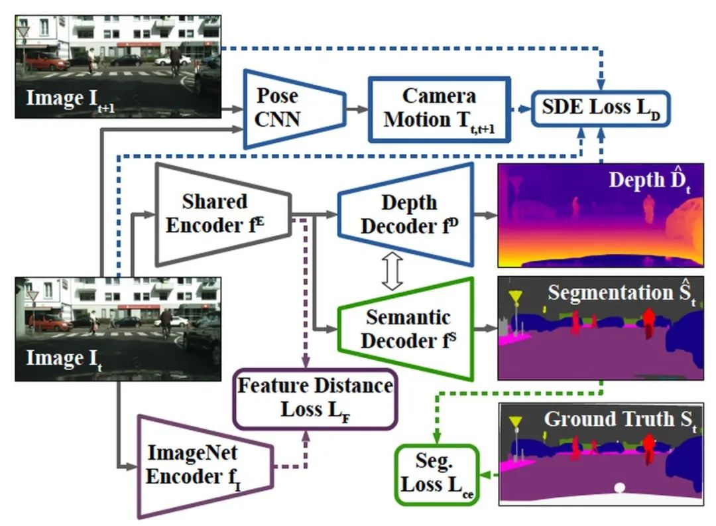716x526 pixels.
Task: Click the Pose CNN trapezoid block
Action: (294, 109)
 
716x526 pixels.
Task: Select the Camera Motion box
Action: (440, 109)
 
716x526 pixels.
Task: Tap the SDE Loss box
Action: (601, 108)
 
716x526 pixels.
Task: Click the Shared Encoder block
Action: (223, 214)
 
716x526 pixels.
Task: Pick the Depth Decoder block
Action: (406, 214)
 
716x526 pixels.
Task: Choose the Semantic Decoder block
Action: (406, 328)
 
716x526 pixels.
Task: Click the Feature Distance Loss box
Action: (316, 399)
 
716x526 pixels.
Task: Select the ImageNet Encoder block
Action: (206, 466)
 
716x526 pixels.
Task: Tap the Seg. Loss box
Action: (437, 475)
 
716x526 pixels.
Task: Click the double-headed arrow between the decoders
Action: (392, 271)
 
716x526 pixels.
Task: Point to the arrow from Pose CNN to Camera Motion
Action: (357, 109)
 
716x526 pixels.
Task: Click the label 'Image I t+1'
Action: (70, 99)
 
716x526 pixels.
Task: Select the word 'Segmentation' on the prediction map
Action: (611, 293)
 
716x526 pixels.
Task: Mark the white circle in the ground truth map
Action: (619, 488)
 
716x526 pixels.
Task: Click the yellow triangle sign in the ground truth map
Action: (516, 422)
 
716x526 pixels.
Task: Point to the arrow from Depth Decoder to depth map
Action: (486, 214)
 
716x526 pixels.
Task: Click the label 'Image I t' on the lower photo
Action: (64, 359)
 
